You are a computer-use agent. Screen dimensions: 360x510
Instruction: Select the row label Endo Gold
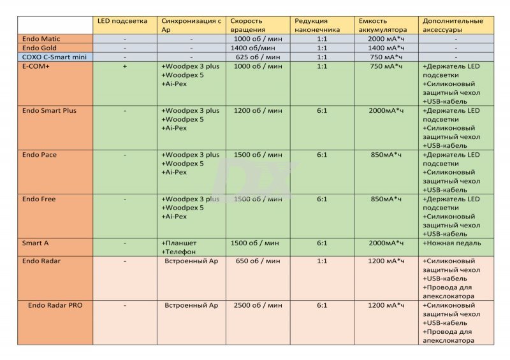tap(39, 48)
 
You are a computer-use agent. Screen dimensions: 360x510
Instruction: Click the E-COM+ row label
tap(36, 66)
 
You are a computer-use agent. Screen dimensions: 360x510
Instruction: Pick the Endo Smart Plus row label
tap(48, 110)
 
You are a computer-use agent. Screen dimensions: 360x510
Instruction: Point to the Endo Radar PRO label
tap(55, 305)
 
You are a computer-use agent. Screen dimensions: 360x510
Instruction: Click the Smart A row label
tap(35, 243)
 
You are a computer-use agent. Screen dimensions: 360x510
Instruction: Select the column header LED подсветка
tap(120, 21)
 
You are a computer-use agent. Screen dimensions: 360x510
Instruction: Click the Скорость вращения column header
tap(247, 25)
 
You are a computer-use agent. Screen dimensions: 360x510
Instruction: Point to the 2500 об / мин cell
tap(256, 305)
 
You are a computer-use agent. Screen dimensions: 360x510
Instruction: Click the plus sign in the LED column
tap(124, 66)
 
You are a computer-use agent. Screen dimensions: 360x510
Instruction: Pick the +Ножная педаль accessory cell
tap(451, 243)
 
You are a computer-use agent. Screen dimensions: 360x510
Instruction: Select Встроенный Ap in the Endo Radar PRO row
tap(191, 305)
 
